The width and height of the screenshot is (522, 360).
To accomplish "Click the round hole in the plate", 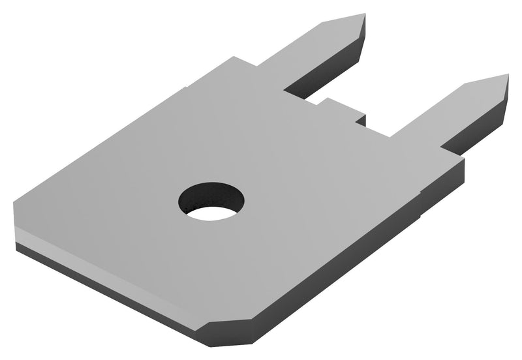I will [x=211, y=200].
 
